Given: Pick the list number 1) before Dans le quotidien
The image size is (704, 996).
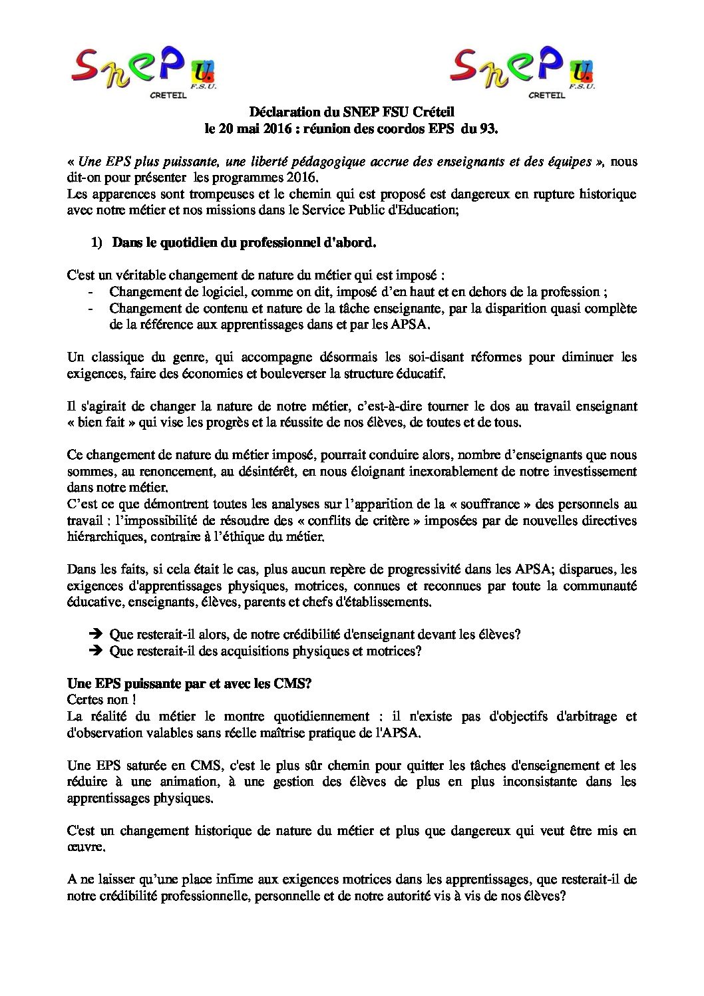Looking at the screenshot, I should coord(97,244).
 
